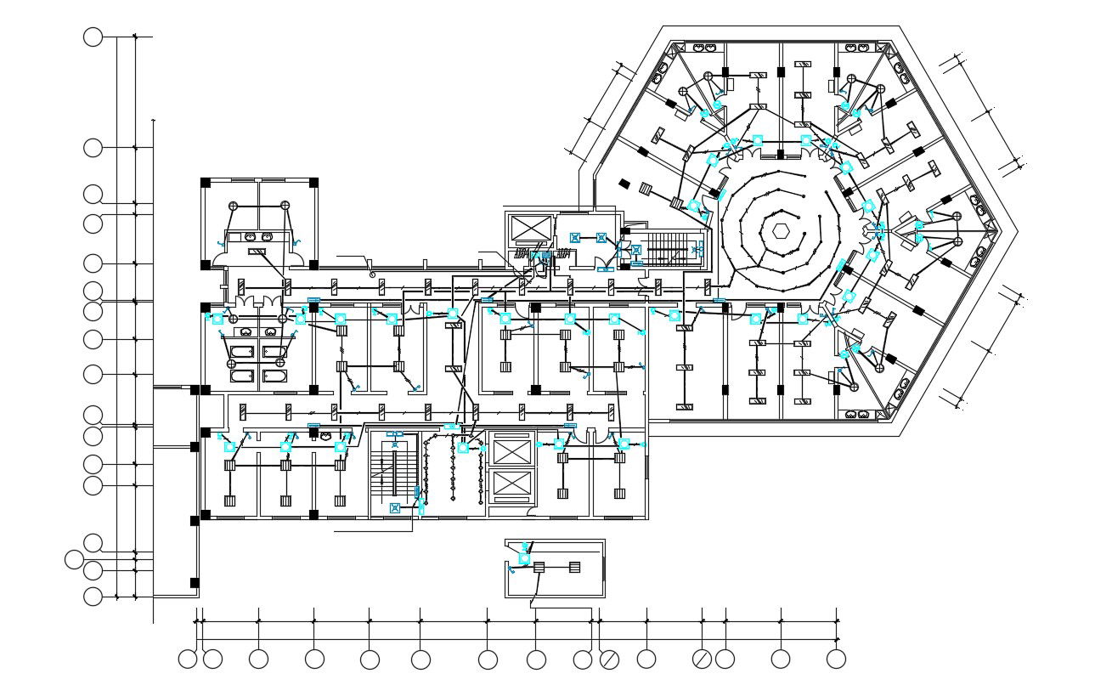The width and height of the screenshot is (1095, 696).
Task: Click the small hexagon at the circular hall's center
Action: pos(780,230)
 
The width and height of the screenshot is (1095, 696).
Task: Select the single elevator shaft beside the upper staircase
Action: pos(530,229)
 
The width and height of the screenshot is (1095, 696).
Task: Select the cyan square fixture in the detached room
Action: pos(524,558)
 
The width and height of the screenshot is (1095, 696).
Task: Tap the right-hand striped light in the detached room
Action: pos(574,567)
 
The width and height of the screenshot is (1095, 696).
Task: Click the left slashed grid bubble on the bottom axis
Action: pos(609,659)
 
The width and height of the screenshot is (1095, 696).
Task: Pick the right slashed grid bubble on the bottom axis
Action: pos(702,659)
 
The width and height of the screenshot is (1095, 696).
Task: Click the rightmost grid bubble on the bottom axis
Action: pos(836,659)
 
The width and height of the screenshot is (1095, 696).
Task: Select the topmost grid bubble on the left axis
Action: pos(93,37)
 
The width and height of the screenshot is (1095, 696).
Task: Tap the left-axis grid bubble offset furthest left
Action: pos(75,559)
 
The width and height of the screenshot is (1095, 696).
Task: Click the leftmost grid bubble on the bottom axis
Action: pos(188,659)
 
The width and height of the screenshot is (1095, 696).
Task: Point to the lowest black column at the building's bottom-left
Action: pos(195,583)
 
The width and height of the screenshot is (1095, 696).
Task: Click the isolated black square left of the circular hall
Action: pos(624,183)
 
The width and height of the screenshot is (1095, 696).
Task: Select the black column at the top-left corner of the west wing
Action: pos(205,182)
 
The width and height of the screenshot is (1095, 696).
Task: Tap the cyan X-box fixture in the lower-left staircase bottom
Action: pos(394,508)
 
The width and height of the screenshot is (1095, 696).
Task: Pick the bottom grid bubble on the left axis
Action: pos(93,597)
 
